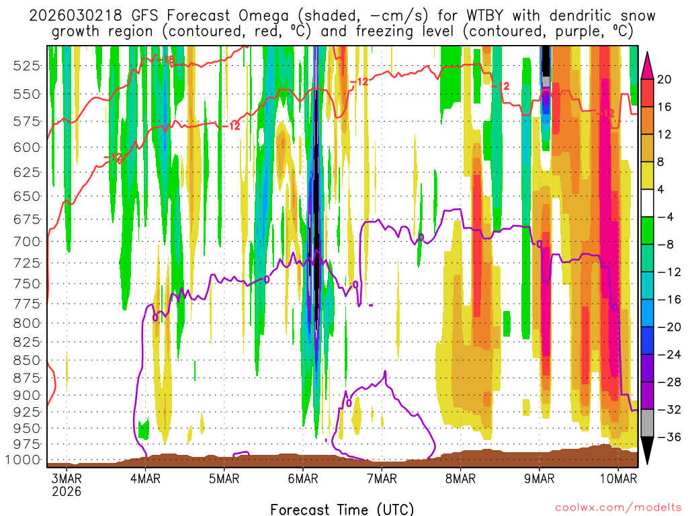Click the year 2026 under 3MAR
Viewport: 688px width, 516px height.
click(x=67, y=491)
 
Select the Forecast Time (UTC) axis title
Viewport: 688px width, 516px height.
click(x=342, y=509)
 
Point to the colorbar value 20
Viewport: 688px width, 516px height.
click(x=664, y=79)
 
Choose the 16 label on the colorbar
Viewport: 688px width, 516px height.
click(x=664, y=107)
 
